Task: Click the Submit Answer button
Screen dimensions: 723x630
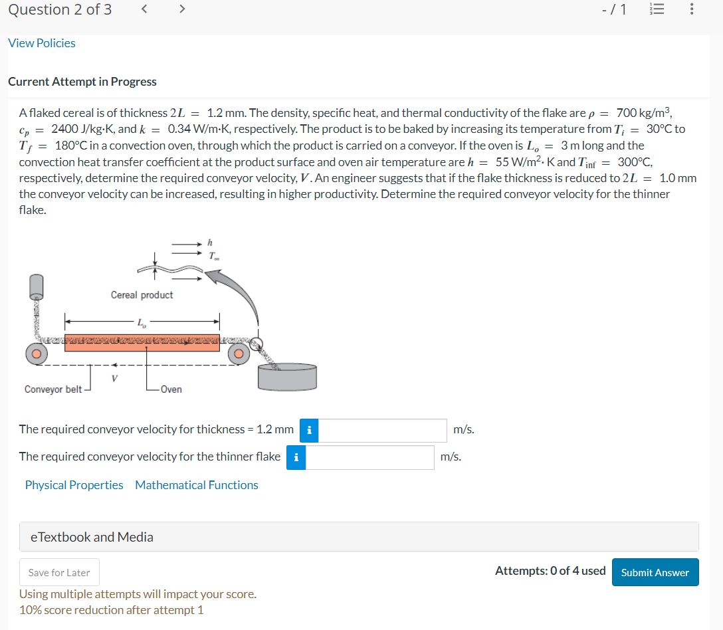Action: [x=655, y=572]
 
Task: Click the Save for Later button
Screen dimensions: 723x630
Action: [x=59, y=572]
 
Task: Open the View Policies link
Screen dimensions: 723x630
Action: [x=42, y=43]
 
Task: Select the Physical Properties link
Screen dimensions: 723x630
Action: [x=74, y=485]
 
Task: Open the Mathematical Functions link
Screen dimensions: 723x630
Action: [x=197, y=485]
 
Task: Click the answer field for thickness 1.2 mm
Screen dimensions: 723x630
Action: [x=383, y=430]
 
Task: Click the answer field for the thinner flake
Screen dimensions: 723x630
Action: [x=369, y=457]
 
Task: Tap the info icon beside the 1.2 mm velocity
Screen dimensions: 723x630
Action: [x=309, y=430]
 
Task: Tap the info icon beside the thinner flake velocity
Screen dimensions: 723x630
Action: [x=296, y=457]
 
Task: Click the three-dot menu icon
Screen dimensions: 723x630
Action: [x=692, y=9]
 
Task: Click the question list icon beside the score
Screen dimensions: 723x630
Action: [x=655, y=9]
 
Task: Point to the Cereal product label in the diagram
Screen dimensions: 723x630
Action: [x=142, y=295]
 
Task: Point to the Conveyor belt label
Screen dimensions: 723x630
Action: [x=53, y=389]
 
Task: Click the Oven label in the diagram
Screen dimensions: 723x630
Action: [x=171, y=389]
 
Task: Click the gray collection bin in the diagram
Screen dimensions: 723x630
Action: [x=287, y=378]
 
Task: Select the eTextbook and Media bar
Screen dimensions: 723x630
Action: [x=359, y=537]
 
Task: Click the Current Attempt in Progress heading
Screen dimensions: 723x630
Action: [x=82, y=82]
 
